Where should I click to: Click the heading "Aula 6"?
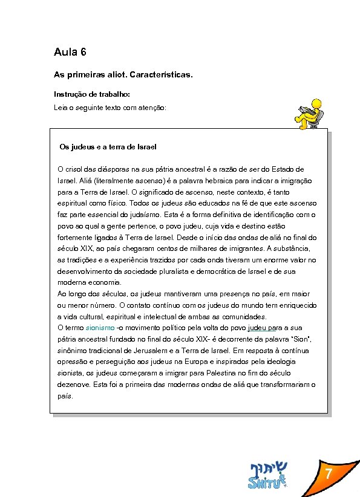(x=70, y=53)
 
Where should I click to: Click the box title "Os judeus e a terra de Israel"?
(x=108, y=147)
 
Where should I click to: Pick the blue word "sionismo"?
(x=100, y=328)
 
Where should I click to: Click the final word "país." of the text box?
(x=65, y=396)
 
